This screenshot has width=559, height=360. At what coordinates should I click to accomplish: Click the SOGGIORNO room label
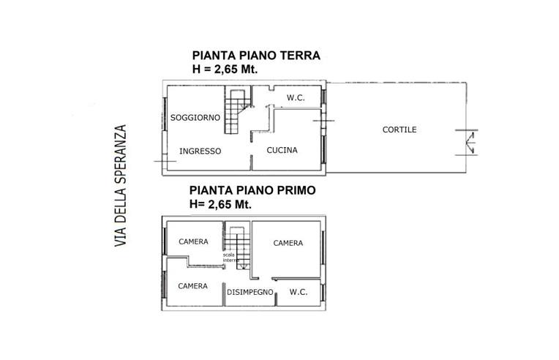tap(195, 117)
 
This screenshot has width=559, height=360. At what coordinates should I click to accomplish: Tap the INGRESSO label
tap(200, 151)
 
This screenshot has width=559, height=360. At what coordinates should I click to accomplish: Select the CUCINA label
tap(282, 151)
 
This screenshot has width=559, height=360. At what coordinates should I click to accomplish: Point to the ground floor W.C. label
tap(296, 99)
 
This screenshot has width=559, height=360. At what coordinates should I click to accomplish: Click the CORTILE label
tap(399, 130)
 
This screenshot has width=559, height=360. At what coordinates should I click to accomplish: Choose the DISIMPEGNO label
tap(250, 292)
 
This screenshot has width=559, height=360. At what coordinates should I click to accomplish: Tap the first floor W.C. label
tap(298, 292)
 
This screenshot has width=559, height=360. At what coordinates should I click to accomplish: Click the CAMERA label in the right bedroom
tap(288, 244)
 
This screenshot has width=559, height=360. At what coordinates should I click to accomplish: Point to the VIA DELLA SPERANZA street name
tap(121, 187)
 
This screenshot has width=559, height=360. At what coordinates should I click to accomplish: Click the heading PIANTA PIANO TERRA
tap(256, 56)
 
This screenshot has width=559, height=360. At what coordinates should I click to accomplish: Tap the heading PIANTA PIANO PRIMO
tap(252, 190)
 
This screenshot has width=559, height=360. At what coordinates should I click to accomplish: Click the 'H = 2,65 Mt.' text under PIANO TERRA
tap(224, 70)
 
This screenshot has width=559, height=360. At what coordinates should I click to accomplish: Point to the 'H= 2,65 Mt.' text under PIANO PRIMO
tap(220, 204)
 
